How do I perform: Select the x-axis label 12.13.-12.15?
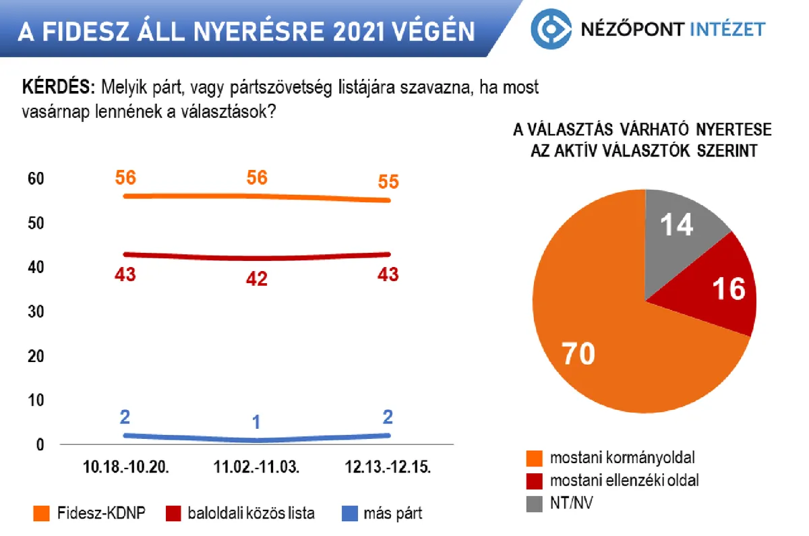[388, 467]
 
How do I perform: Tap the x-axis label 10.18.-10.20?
[125, 467]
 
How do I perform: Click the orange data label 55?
[388, 182]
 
